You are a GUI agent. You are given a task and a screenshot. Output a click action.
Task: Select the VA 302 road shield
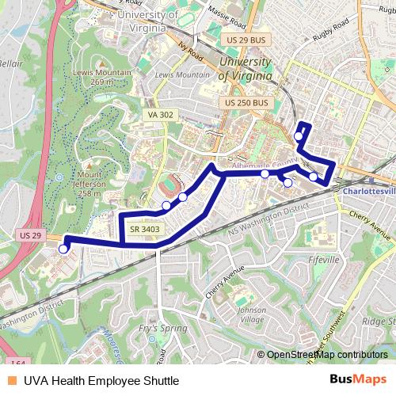160,115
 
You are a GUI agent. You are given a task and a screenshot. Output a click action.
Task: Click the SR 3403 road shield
145,230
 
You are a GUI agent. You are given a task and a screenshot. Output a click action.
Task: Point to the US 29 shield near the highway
30,236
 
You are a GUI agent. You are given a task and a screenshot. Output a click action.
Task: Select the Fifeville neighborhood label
323,259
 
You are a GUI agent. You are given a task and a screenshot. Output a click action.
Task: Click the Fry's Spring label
162,328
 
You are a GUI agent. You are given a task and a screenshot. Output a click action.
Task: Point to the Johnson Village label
251,314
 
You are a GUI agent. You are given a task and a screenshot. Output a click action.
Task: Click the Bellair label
11,63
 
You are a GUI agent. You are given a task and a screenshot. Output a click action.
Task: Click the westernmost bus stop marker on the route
63,249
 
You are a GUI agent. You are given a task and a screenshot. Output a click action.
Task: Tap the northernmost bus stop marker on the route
299,136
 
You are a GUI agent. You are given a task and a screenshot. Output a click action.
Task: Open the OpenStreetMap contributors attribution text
326,355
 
